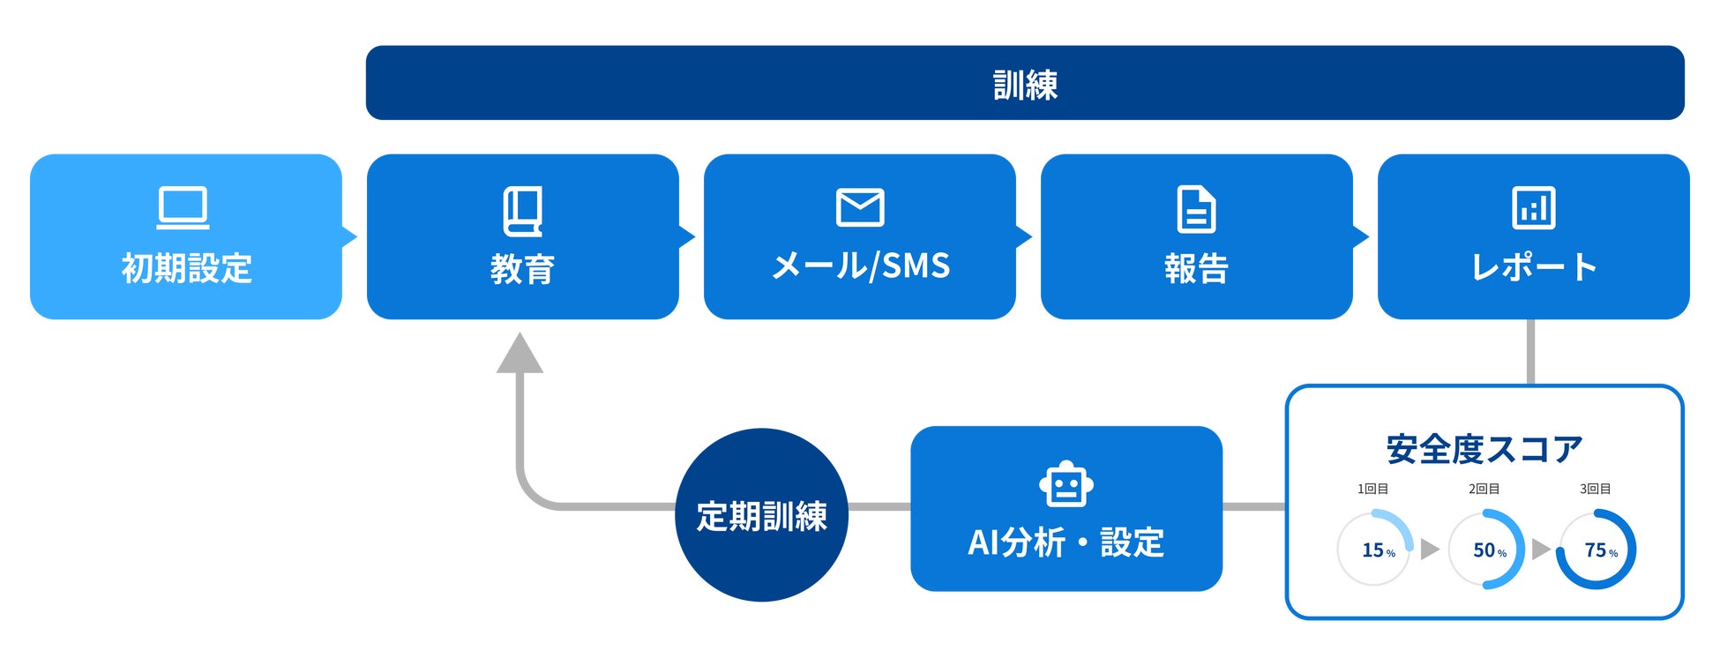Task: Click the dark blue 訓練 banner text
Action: coord(1025,85)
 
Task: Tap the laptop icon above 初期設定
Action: coord(183,208)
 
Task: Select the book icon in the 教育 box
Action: coord(523,211)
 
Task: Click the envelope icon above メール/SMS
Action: coord(860,207)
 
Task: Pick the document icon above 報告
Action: coord(1197,209)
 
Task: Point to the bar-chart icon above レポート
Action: coord(1534,208)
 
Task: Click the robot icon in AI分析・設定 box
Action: coord(1066,483)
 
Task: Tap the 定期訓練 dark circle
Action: coord(761,515)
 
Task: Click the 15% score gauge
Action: coord(1374,549)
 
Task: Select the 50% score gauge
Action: coord(1487,549)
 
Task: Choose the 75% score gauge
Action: coord(1597,549)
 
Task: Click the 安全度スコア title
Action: coord(1484,449)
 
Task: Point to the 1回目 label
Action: coord(1373,489)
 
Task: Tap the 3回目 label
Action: coord(1596,489)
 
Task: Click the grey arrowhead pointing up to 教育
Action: coord(520,353)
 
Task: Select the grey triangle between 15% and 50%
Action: coord(1430,549)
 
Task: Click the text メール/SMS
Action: coord(861,266)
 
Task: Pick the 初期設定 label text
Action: coord(187,267)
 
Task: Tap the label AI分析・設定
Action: coord(1066,542)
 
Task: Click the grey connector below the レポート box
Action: coord(1530,352)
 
